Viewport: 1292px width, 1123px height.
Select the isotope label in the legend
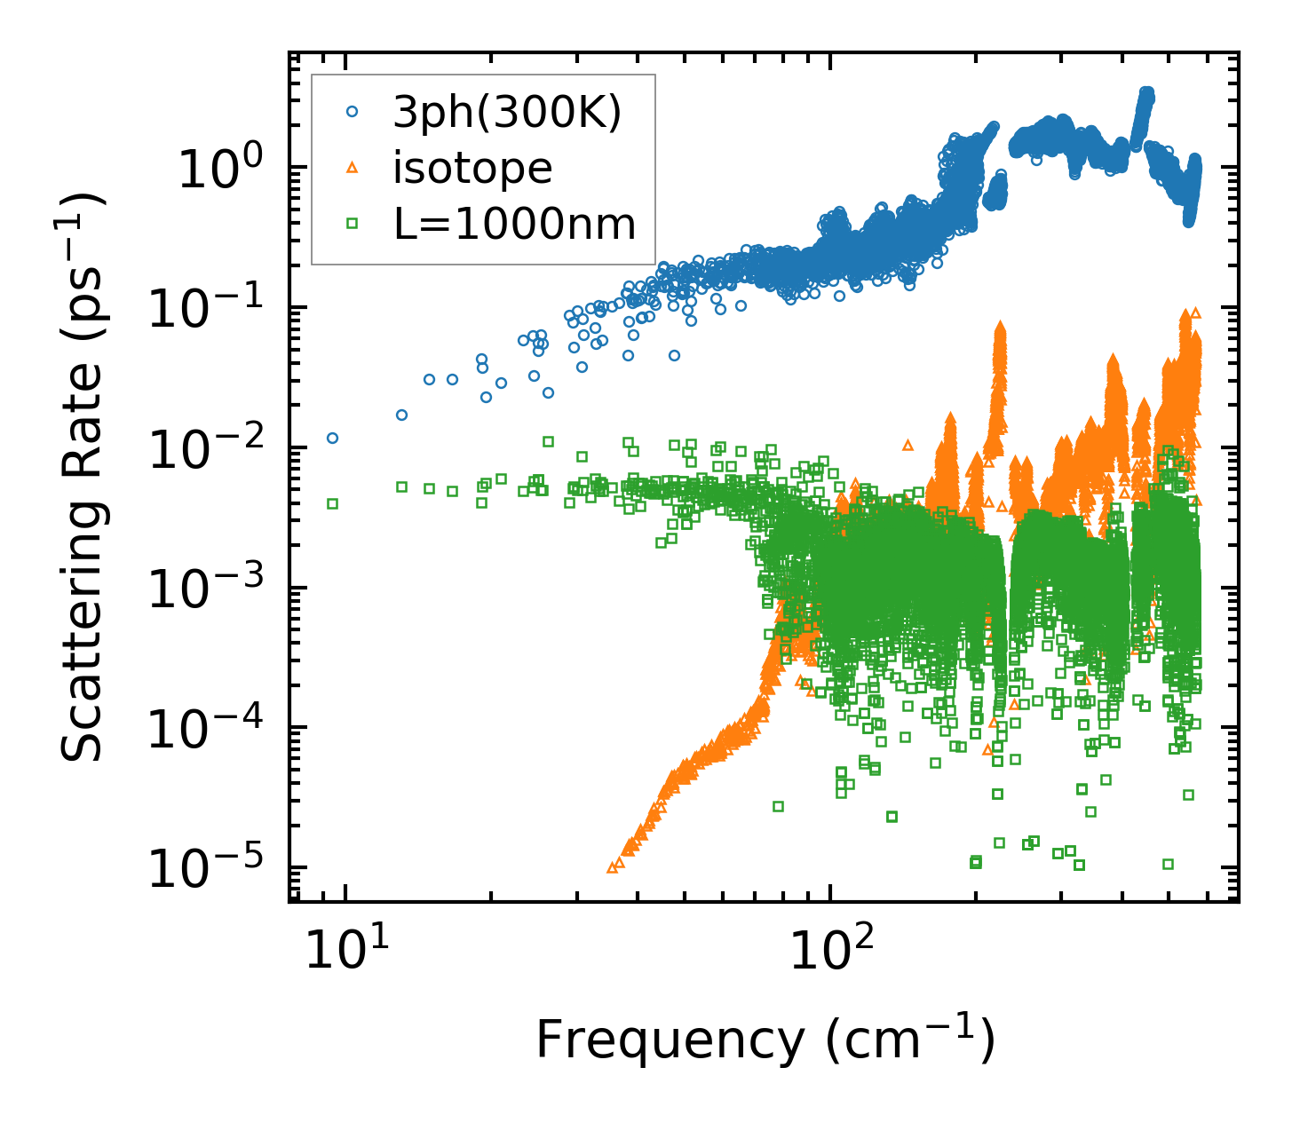pyautogui.click(x=472, y=168)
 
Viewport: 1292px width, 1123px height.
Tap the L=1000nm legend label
pyautogui.click(x=515, y=225)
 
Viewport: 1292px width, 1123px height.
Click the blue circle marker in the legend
pyautogui.click(x=352, y=112)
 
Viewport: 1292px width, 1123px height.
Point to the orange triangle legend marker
pyautogui.click(x=352, y=168)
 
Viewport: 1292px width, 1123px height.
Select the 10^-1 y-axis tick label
pyautogui.click(x=213, y=308)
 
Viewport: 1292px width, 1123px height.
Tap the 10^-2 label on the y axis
pyautogui.click(x=213, y=448)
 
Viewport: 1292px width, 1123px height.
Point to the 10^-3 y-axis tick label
pyautogui.click(x=213, y=589)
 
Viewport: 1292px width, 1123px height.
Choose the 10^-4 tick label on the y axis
pyautogui.click(x=213, y=729)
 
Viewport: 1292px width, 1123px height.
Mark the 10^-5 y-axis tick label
pyautogui.click(x=213, y=869)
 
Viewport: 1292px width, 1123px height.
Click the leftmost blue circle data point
pyautogui.click(x=332, y=438)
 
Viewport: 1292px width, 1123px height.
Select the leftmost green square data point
pyautogui.click(x=332, y=503)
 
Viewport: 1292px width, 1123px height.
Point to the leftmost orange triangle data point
pyautogui.click(x=612, y=867)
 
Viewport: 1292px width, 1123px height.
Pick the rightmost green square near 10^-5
pyautogui.click(x=1168, y=864)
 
